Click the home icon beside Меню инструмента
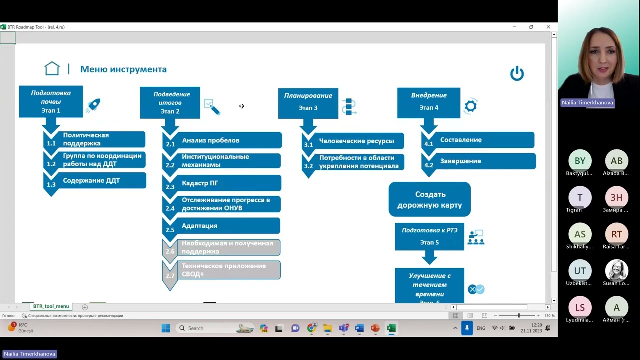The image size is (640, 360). tap(52, 69)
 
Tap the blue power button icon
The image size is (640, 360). tap(517, 74)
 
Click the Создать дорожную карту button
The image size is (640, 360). tap(430, 199)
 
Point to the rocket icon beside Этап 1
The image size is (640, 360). tap(93, 105)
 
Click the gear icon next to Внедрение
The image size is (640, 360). tap(470, 106)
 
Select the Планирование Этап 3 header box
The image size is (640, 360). tap(308, 103)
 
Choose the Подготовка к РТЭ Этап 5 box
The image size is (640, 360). tap(429, 236)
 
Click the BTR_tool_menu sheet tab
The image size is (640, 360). tap(51, 306)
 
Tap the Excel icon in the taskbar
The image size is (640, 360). tap(391, 328)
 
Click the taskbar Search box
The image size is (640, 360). tap(205, 328)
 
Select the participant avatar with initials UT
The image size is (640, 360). tap(580, 271)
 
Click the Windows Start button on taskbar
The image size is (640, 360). tap(166, 328)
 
